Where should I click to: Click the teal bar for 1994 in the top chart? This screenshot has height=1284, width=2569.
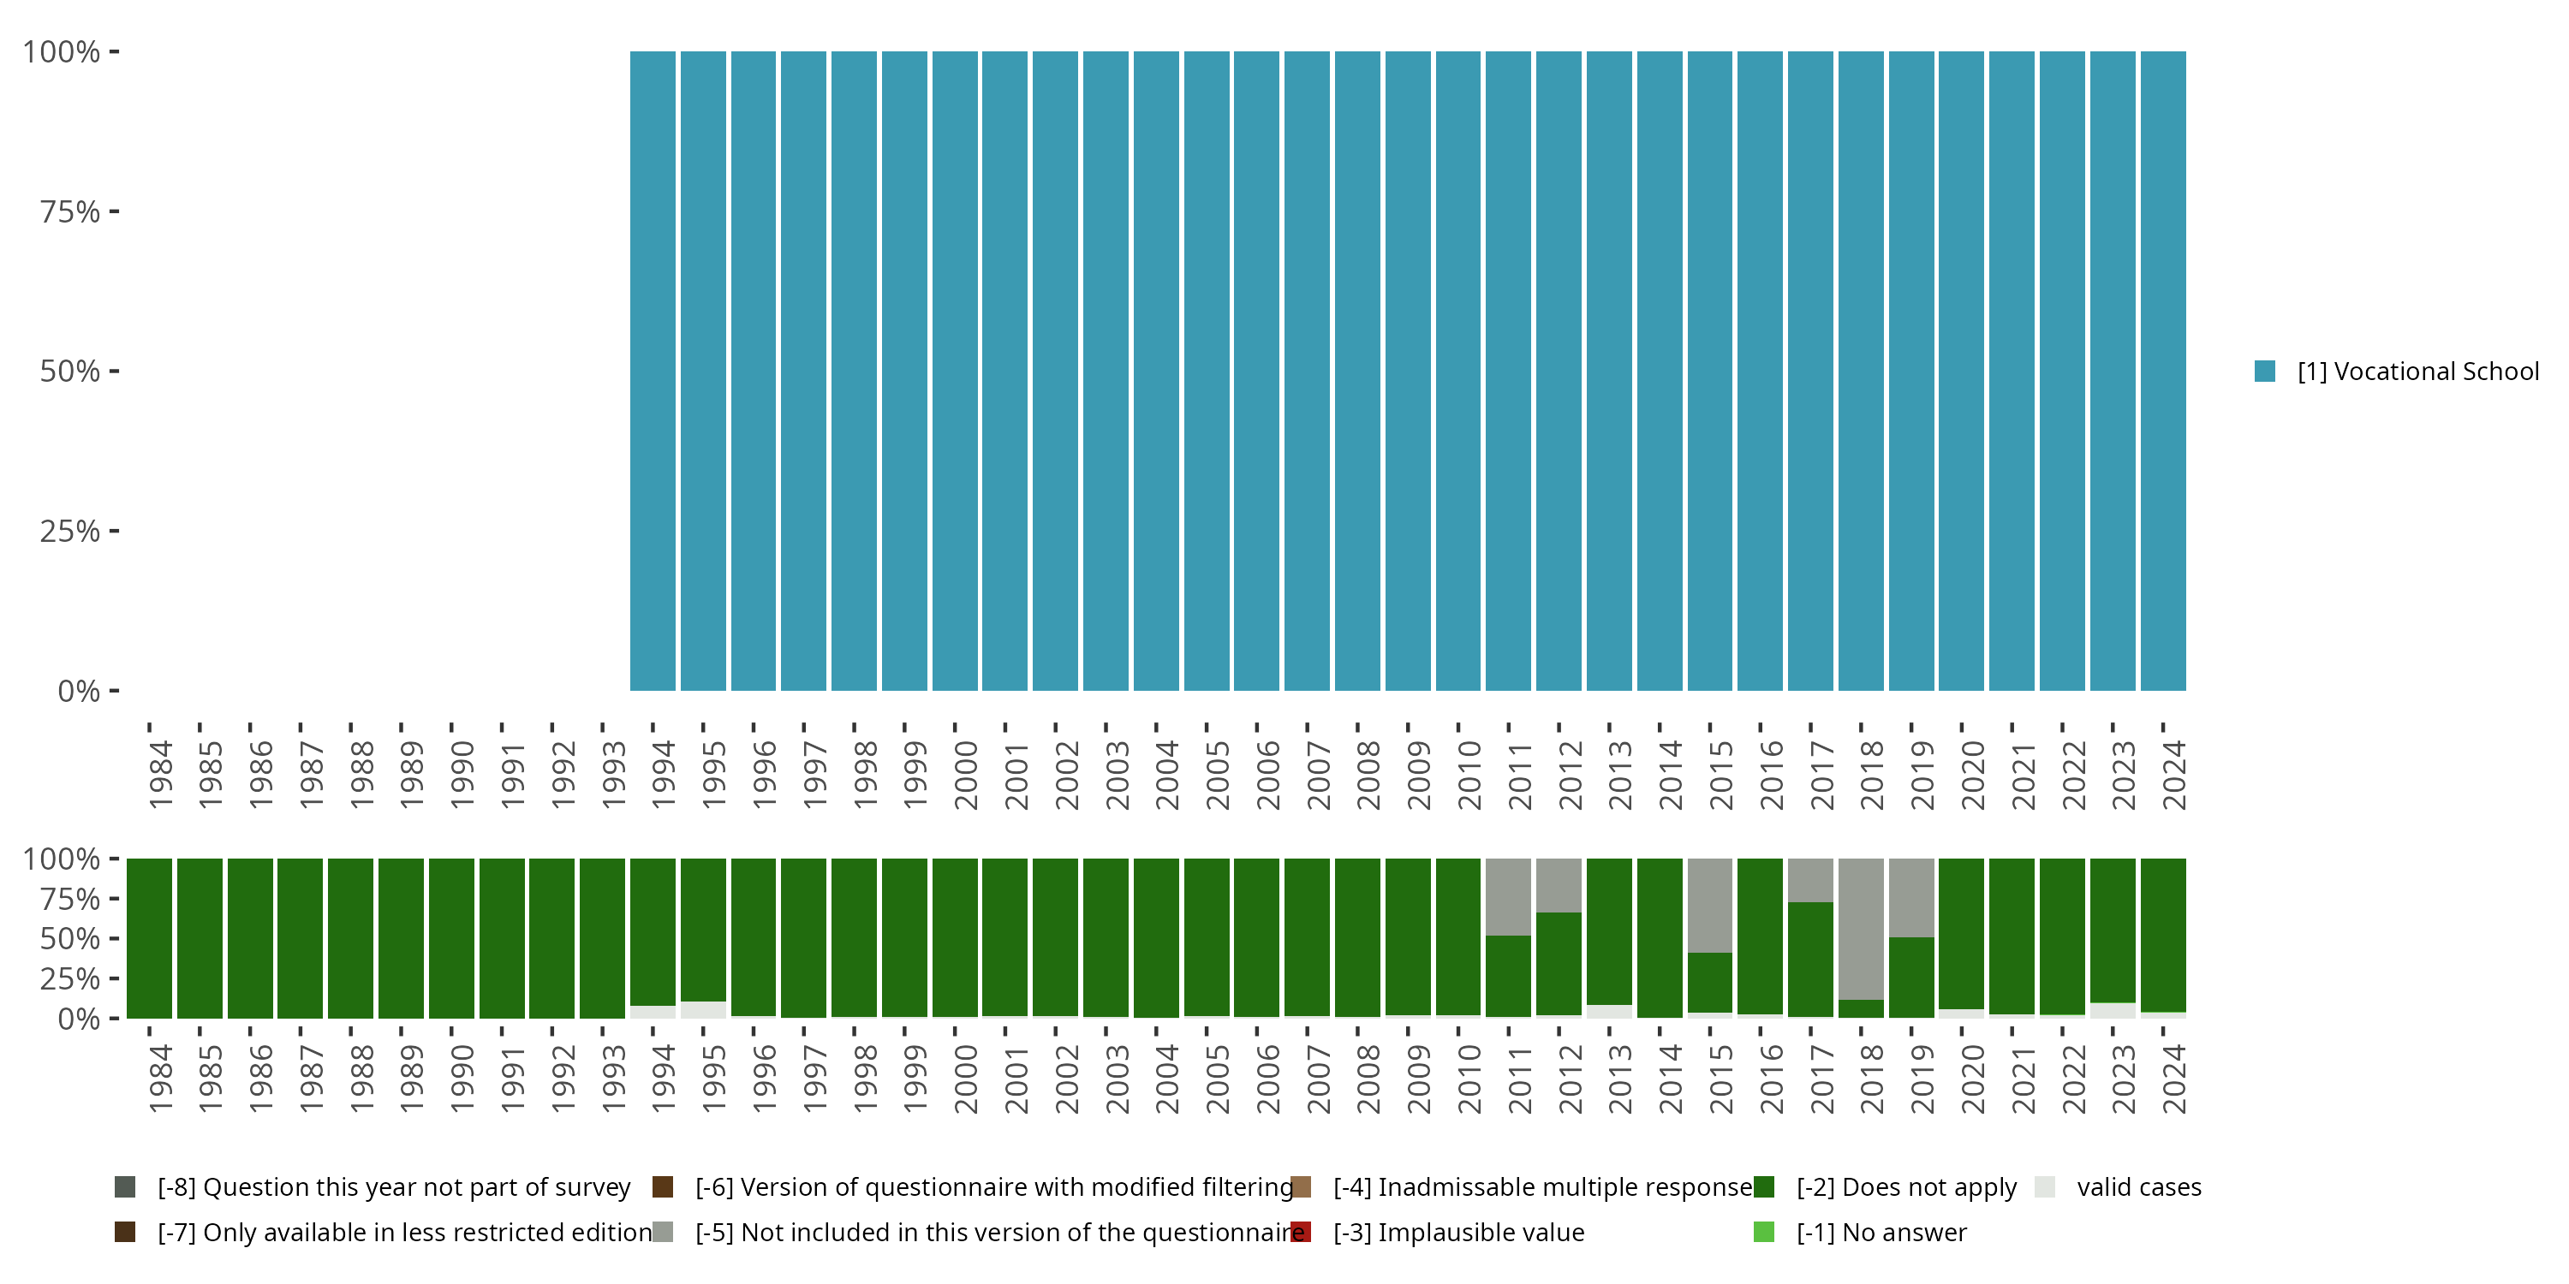pyautogui.click(x=653, y=371)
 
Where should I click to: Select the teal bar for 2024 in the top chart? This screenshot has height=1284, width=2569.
pyautogui.click(x=2163, y=371)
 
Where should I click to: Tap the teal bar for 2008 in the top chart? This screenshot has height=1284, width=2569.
pyautogui.click(x=1357, y=371)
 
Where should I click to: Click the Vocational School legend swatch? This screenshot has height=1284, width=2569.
pyautogui.click(x=2265, y=371)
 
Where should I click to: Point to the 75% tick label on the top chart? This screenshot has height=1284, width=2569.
pyautogui.click(x=70, y=211)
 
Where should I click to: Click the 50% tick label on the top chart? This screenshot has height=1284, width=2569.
pyautogui.click(x=70, y=371)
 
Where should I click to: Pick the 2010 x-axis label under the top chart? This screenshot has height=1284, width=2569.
pyautogui.click(x=1469, y=775)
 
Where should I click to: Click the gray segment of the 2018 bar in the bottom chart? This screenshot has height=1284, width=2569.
pyautogui.click(x=1861, y=927)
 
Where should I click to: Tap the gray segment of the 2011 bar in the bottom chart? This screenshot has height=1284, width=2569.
pyautogui.click(x=1508, y=895)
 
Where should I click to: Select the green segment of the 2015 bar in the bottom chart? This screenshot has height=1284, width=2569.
pyautogui.click(x=1709, y=982)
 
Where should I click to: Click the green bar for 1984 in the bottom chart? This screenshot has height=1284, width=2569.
pyautogui.click(x=150, y=937)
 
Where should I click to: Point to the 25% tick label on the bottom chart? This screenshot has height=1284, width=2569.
pyautogui.click(x=70, y=978)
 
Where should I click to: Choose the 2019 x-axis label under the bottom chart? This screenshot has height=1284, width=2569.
pyautogui.click(x=1922, y=1079)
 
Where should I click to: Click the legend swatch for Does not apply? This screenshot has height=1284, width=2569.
pyautogui.click(x=1763, y=1187)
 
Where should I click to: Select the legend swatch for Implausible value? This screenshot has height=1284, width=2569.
pyautogui.click(x=1301, y=1232)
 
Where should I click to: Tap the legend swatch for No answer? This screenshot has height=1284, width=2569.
pyautogui.click(x=1763, y=1232)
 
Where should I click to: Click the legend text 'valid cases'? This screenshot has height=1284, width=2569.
pyautogui.click(x=2138, y=1187)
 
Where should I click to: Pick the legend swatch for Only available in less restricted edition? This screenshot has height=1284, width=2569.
pyautogui.click(x=125, y=1232)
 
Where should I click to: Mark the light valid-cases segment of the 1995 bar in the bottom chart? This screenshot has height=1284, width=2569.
pyautogui.click(x=703, y=1010)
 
